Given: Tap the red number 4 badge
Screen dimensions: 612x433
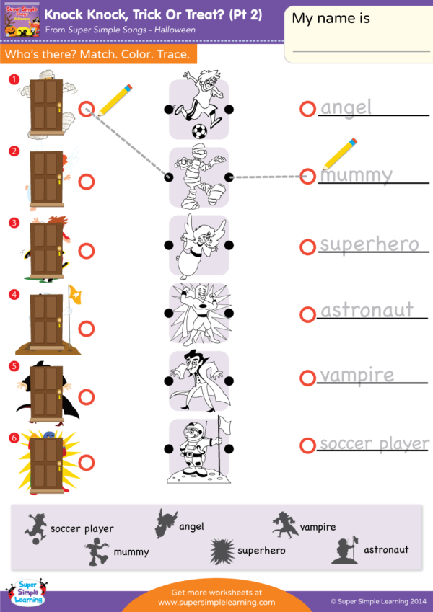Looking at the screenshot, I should (13, 294).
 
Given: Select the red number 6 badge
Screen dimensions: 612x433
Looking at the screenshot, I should (13, 435).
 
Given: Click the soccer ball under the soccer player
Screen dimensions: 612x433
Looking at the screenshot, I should (198, 131).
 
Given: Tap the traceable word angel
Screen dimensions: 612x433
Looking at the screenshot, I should (346, 107).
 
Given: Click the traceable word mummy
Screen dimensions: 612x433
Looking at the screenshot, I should (356, 175).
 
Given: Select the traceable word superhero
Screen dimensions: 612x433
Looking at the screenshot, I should (369, 244).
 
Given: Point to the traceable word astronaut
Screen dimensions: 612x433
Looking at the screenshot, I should (367, 311).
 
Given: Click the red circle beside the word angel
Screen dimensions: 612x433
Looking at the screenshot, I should (307, 109).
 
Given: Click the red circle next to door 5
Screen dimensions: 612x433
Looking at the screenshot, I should (87, 396).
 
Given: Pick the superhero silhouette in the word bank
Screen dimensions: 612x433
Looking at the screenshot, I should (222, 551).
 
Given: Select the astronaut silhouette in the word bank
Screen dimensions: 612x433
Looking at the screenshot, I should (345, 549).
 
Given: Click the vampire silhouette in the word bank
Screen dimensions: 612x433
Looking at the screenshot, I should (284, 525).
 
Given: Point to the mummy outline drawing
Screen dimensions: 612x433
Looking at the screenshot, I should (198, 177).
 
